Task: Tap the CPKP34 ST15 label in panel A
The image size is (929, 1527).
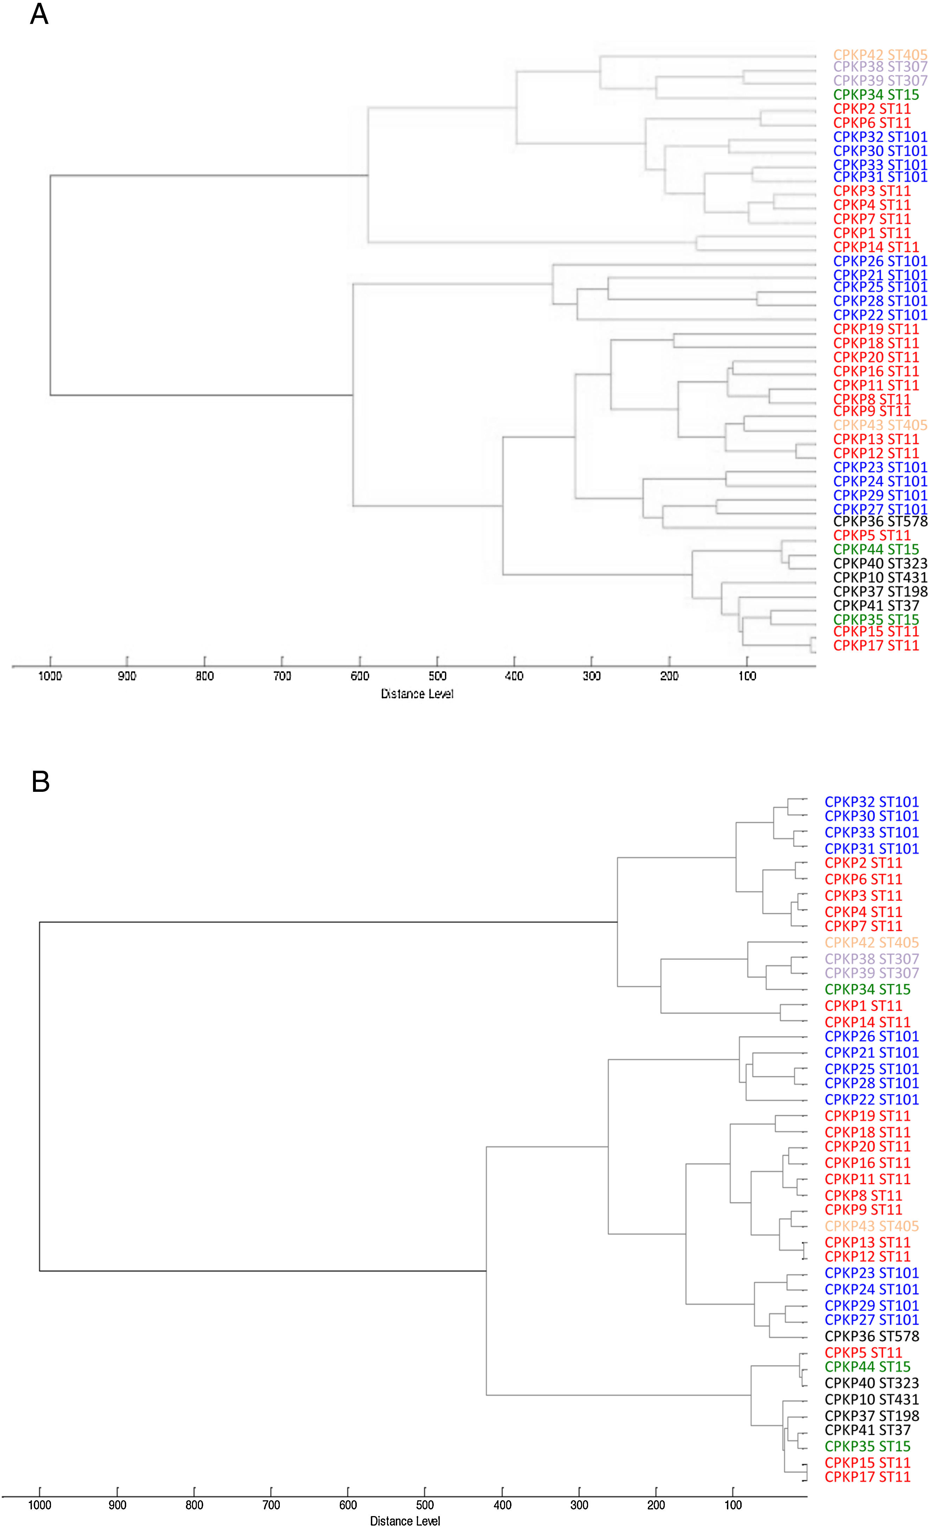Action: click(876, 95)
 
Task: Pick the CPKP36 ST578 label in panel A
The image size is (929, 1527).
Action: click(880, 521)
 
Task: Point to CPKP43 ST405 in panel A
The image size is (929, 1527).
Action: click(880, 425)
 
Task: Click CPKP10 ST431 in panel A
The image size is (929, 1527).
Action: click(880, 578)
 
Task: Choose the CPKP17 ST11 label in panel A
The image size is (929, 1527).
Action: click(876, 646)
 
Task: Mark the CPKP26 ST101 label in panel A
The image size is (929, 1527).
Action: click(880, 261)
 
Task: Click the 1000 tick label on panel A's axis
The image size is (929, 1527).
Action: click(50, 676)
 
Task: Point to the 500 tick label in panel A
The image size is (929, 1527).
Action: click(437, 676)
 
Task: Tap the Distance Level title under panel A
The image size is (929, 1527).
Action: click(417, 694)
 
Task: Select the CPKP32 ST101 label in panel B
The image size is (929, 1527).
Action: click(871, 802)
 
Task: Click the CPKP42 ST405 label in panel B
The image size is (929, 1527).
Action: click(871, 943)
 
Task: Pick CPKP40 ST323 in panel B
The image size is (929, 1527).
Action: click(871, 1383)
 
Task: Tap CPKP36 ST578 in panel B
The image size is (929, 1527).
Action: click(871, 1336)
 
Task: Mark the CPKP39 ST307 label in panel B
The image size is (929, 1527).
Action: click(871, 973)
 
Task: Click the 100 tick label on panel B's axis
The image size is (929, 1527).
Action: click(733, 1505)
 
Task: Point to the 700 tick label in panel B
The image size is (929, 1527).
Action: click(271, 1505)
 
